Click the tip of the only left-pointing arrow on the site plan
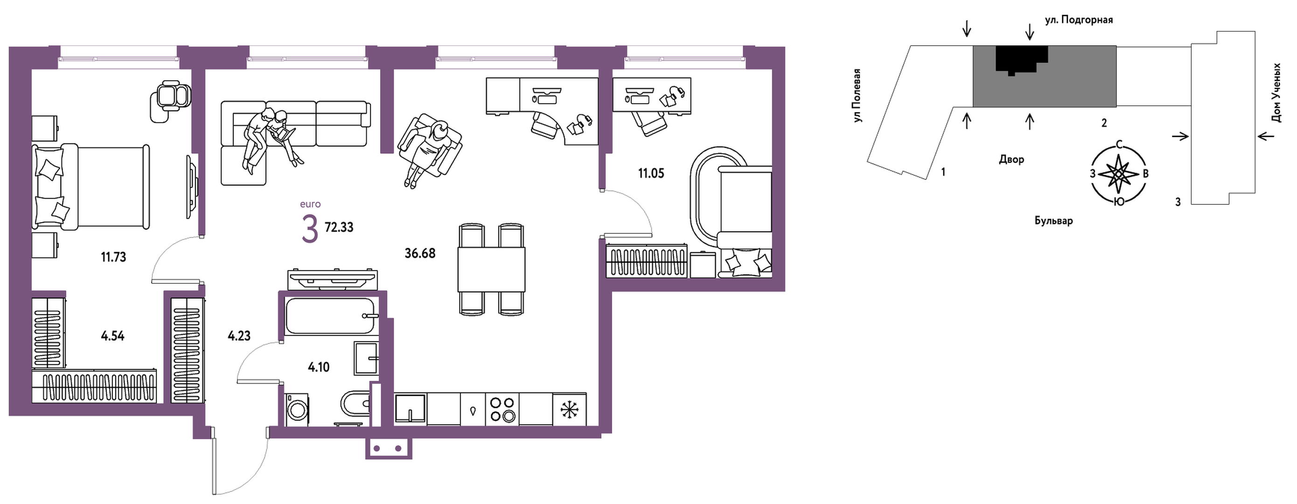[x=1258, y=136]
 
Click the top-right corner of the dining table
[x=525, y=247]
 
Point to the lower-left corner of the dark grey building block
[x=973, y=107]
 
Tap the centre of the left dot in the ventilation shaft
[x=377, y=448]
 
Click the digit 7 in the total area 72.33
[x=328, y=228]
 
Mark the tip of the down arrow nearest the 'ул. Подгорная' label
[x=1030, y=40]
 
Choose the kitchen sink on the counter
[x=411, y=408]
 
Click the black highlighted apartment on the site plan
[x=1022, y=59]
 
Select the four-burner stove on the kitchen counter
[x=502, y=409]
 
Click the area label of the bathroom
[x=319, y=367]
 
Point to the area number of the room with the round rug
[x=651, y=174]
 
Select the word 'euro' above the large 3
[x=310, y=204]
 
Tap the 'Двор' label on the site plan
[x=1011, y=160]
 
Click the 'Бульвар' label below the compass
[x=1054, y=221]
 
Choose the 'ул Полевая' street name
[x=858, y=96]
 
